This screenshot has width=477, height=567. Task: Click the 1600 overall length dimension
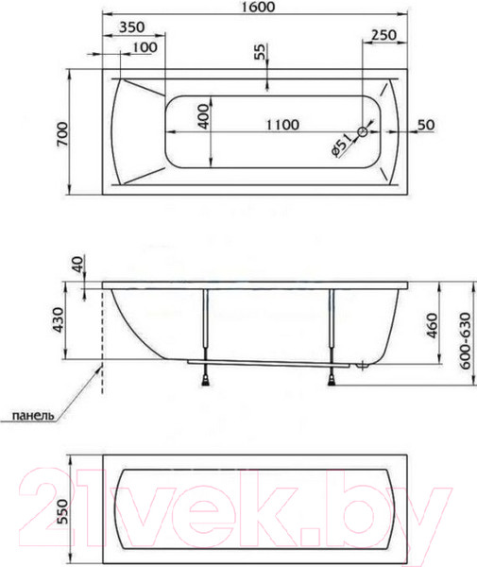coord(258,7)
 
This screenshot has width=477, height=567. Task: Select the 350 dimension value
coord(131,26)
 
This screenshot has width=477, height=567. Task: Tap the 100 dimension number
coord(145,47)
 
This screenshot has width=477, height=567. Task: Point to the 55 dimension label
coord(260,52)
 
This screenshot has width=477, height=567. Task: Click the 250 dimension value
coord(383,35)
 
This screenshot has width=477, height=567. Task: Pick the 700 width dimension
coord(61,134)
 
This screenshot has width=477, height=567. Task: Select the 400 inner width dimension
coord(204,116)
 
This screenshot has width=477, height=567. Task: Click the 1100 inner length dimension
coord(282,125)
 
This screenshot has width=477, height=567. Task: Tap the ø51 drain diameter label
coord(341,145)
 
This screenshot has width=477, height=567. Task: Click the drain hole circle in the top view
coord(363,132)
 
